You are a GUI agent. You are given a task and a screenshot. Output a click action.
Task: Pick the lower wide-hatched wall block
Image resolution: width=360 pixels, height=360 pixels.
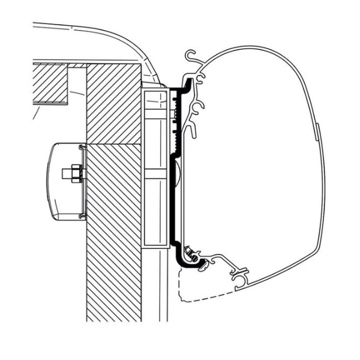[x=114, y=234]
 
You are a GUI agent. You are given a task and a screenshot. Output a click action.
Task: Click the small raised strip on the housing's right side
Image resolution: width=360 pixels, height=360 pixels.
[x=316, y=129]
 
